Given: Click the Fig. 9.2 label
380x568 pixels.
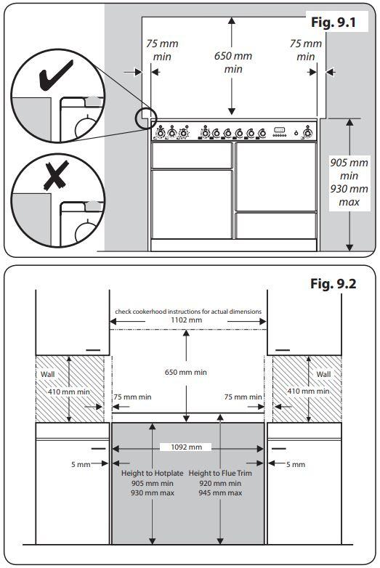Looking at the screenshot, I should pyautogui.click(x=333, y=283).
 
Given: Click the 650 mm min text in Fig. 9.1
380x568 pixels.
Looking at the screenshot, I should pyautogui.click(x=233, y=62).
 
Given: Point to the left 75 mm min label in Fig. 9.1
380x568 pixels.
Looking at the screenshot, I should pyautogui.click(x=161, y=50).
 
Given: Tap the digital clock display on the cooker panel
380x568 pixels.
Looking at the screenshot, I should pyautogui.click(x=280, y=131).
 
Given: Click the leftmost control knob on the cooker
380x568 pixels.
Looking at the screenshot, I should pyautogui.click(x=159, y=132).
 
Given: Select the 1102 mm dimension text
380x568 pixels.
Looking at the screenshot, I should pyautogui.click(x=189, y=320).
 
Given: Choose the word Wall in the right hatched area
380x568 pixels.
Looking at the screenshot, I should pyautogui.click(x=323, y=375).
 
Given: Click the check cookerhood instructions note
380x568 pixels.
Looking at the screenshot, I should pyautogui.click(x=189, y=312).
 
